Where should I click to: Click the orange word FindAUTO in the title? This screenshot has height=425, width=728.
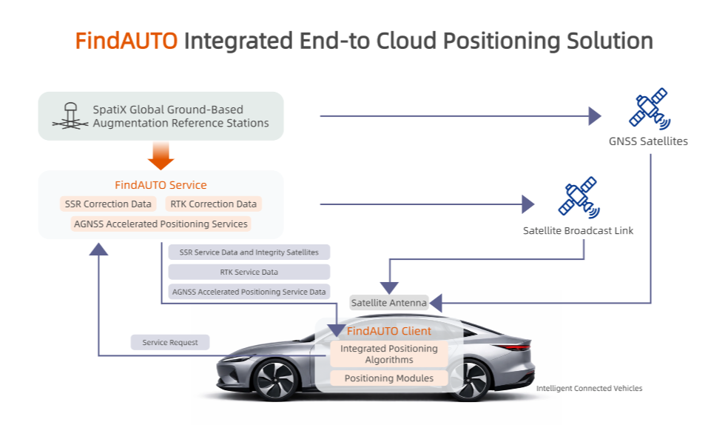[x=127, y=40]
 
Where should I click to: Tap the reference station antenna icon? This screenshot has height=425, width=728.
[x=70, y=117]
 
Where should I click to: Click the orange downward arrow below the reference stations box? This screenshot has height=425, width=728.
[x=161, y=155]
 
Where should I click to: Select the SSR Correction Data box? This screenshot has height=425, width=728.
[x=108, y=204]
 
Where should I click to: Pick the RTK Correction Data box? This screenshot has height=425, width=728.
[x=213, y=204]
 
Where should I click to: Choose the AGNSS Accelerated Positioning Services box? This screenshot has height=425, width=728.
[x=161, y=224]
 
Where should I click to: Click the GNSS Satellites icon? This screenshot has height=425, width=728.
[x=648, y=108]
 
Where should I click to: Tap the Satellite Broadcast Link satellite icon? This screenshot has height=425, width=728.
[x=578, y=196]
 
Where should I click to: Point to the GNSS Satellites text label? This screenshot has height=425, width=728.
[x=648, y=141]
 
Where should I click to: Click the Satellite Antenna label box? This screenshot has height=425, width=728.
[x=388, y=302]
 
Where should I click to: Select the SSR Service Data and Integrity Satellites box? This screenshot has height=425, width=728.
[x=249, y=252]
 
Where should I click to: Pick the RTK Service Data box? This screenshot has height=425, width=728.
[x=249, y=272]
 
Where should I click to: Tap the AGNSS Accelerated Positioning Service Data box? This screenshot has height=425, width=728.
[x=249, y=292]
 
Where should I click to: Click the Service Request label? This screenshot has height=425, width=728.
[x=170, y=342]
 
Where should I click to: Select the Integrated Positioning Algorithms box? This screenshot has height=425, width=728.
[x=388, y=354]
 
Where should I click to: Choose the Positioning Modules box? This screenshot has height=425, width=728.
[x=388, y=378]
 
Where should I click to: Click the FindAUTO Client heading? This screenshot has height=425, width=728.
[x=388, y=331]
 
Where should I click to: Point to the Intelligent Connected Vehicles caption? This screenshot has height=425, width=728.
[x=589, y=388]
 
